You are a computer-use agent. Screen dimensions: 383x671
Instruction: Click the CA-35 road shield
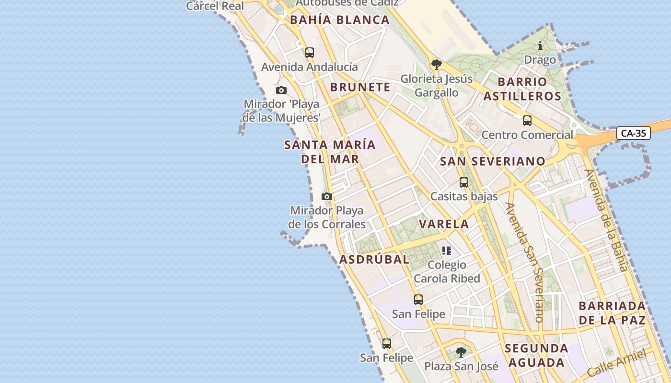click(633, 133)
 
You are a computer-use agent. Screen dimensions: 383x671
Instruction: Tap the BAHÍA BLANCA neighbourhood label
click(340, 20)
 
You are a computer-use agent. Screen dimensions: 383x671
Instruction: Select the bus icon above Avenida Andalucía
click(310, 53)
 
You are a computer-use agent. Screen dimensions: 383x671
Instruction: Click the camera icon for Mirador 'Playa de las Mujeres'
click(281, 90)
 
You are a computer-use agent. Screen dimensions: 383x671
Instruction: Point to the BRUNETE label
click(360, 87)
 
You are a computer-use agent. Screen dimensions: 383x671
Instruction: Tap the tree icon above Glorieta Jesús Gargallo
click(436, 65)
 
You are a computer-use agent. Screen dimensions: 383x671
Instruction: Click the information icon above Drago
click(540, 46)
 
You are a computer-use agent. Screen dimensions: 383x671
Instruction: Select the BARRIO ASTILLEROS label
click(522, 89)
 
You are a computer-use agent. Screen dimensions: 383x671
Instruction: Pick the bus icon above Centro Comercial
click(527, 121)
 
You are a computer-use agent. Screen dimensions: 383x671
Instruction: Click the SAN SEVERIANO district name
click(493, 161)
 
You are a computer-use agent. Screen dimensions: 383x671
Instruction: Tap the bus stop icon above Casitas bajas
click(463, 182)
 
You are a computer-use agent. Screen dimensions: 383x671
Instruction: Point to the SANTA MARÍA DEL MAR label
click(330, 151)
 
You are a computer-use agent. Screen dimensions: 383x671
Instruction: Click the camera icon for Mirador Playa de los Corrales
click(327, 196)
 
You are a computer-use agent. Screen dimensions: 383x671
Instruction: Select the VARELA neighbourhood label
click(444, 224)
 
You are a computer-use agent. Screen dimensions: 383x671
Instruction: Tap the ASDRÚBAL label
click(374, 259)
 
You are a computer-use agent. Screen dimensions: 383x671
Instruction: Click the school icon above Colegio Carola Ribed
click(447, 250)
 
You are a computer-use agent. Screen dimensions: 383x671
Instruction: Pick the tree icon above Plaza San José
click(461, 352)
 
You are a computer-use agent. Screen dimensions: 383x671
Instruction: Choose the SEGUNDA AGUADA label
click(536, 355)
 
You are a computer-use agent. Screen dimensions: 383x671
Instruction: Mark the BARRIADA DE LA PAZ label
click(612, 313)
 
